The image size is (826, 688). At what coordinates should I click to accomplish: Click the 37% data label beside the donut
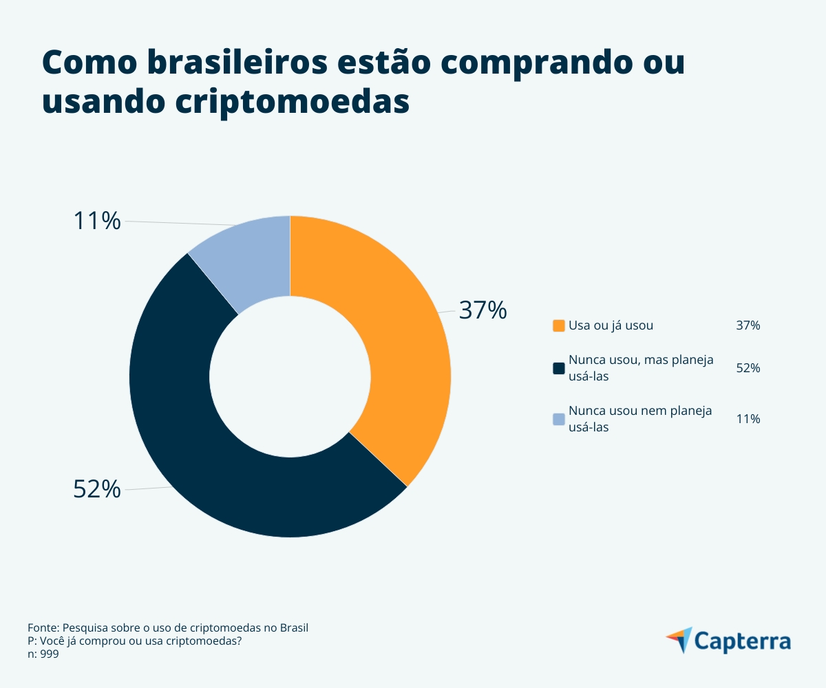483,310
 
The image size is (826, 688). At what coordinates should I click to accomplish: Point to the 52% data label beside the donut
97,489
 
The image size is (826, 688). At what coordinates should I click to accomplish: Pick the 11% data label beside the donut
97,221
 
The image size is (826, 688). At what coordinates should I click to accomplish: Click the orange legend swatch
558,325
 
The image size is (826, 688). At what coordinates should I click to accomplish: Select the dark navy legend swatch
558,368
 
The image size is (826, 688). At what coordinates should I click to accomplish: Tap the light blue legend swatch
558,419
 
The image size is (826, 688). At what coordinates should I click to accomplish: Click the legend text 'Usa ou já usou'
611,325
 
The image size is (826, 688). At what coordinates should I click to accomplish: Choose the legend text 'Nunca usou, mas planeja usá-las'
640,368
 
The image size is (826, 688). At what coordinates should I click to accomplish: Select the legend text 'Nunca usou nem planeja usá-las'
640,419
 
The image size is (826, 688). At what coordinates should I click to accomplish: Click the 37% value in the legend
748,325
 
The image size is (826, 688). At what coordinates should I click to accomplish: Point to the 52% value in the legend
748,368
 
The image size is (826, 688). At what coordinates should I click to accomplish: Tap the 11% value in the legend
748,419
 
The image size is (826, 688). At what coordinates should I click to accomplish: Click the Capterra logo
728,641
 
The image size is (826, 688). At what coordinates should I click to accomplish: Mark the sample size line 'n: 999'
43,654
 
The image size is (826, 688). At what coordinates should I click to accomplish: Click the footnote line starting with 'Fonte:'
168,628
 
